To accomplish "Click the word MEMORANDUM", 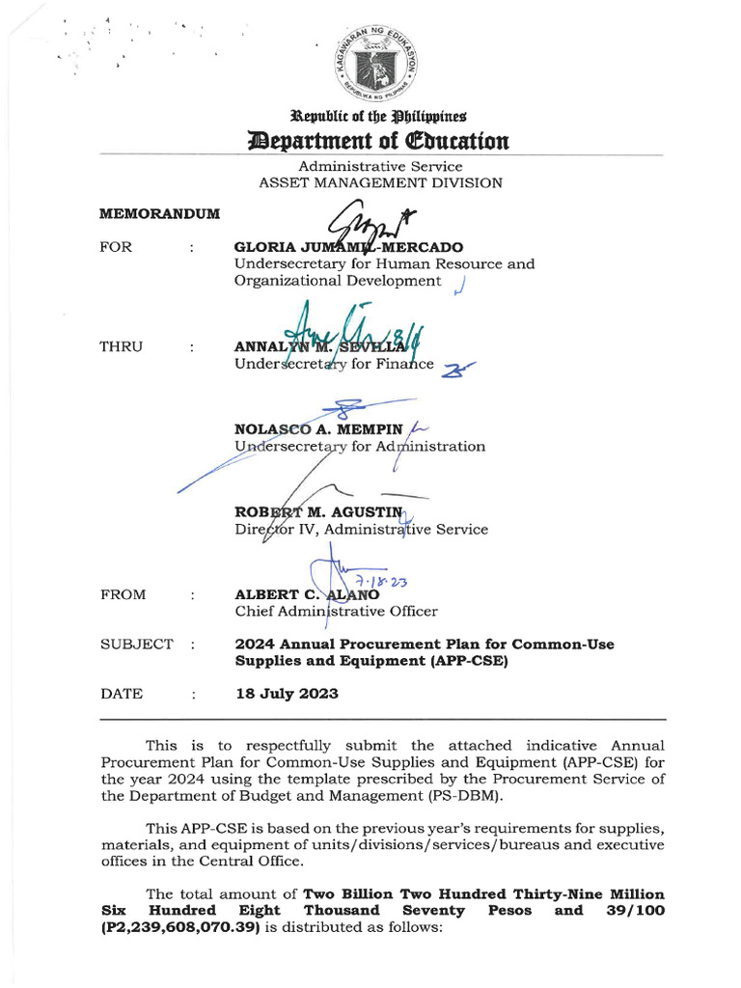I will (x=160, y=213).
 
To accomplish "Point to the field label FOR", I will (x=116, y=247).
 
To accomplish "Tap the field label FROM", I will (x=123, y=594).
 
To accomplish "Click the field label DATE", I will (x=122, y=694).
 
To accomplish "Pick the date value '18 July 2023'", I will (x=287, y=694).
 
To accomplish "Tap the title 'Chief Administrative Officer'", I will (x=336, y=611).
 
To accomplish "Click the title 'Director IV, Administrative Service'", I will (x=361, y=529).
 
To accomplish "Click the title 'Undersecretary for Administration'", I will (x=360, y=447).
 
